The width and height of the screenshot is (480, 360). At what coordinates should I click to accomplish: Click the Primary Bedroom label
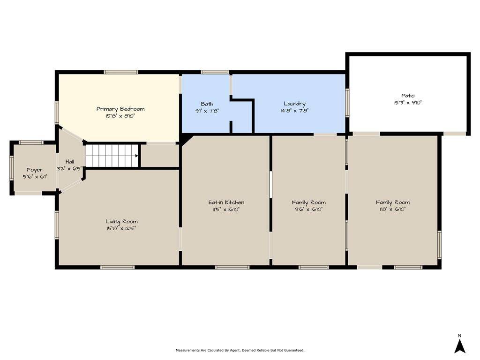(x=120, y=109)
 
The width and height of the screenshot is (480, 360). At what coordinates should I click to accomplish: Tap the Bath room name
(x=207, y=104)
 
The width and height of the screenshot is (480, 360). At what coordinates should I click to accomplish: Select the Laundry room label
(x=294, y=104)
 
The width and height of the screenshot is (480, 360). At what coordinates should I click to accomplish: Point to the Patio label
(x=408, y=96)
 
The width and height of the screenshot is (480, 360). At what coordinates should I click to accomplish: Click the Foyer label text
(x=35, y=170)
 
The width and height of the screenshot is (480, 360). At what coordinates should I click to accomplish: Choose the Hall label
(x=69, y=161)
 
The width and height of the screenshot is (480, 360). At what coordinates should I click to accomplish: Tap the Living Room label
(x=121, y=221)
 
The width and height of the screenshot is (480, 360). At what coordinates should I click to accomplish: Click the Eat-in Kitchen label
(x=226, y=202)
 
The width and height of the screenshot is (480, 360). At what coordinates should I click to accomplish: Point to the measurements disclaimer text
(x=240, y=350)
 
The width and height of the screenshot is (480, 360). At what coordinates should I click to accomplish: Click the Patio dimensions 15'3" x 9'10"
(x=408, y=103)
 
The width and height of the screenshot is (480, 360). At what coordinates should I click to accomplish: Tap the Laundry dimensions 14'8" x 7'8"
(x=294, y=111)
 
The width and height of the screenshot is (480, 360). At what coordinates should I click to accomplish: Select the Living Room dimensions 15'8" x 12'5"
(x=121, y=228)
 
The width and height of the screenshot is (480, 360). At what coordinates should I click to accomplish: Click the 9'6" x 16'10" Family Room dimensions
(x=308, y=210)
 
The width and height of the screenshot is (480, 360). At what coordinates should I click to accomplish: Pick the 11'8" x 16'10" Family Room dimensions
(x=393, y=210)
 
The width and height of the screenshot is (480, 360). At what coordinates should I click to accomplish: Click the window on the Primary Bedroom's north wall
(x=121, y=72)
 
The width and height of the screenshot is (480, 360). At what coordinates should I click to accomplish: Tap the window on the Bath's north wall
(x=215, y=72)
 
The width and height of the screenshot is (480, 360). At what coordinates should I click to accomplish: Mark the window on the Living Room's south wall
(x=118, y=267)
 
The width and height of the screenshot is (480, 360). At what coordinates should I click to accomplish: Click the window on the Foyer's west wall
(x=12, y=167)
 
